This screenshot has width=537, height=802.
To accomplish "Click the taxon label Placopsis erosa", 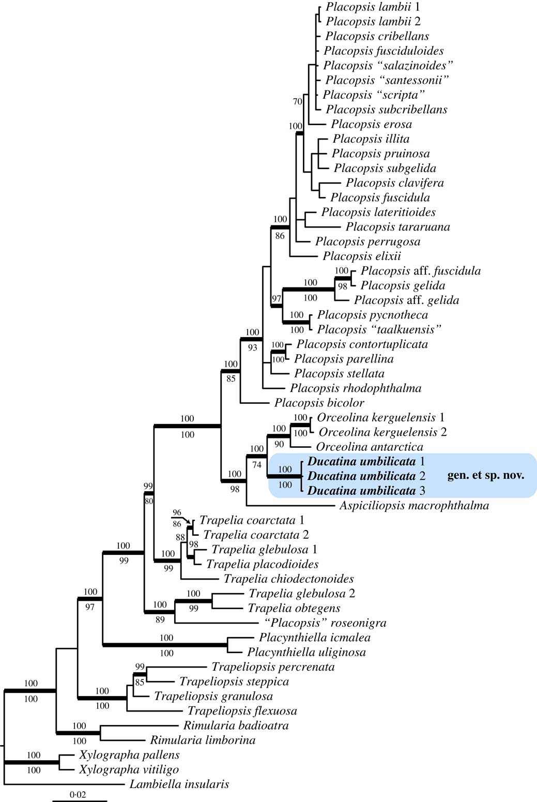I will click(371, 124).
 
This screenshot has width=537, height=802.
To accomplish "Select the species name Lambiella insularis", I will click(179, 784).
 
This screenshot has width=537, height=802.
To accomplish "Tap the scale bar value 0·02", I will click(78, 794).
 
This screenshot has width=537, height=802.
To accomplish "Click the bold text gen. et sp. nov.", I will click(485, 475).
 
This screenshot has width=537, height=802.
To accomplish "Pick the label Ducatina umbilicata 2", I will click(366, 476).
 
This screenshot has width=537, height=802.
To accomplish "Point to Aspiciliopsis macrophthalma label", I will click(414, 505).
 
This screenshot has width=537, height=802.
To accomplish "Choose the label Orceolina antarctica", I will click(369, 447).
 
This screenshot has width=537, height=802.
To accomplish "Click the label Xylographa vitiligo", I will click(129, 769).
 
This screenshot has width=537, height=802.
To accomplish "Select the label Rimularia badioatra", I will click(236, 725).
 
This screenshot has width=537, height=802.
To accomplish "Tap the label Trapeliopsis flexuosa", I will click(242, 711).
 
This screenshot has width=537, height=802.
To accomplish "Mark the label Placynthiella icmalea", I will click(314, 638).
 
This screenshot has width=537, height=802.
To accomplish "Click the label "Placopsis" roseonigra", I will click(325, 623).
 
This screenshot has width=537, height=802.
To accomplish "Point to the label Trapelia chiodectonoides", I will click(288, 579).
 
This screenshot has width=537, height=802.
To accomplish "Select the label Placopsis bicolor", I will click(319, 403).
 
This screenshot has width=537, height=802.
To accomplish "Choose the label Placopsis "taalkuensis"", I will click(379, 329).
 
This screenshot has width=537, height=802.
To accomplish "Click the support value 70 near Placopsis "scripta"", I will click(297, 102).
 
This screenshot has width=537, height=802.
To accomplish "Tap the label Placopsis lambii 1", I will click(373, 7).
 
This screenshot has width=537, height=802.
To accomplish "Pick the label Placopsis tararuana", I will click(397, 226).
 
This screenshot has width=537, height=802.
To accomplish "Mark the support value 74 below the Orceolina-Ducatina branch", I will click(257, 464).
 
